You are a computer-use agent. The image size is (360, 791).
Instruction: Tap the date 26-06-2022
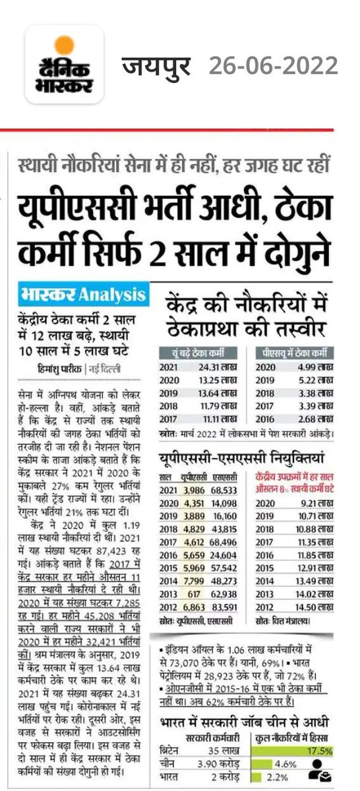[273, 66]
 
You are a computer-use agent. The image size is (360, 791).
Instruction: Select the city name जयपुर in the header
[156, 66]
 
